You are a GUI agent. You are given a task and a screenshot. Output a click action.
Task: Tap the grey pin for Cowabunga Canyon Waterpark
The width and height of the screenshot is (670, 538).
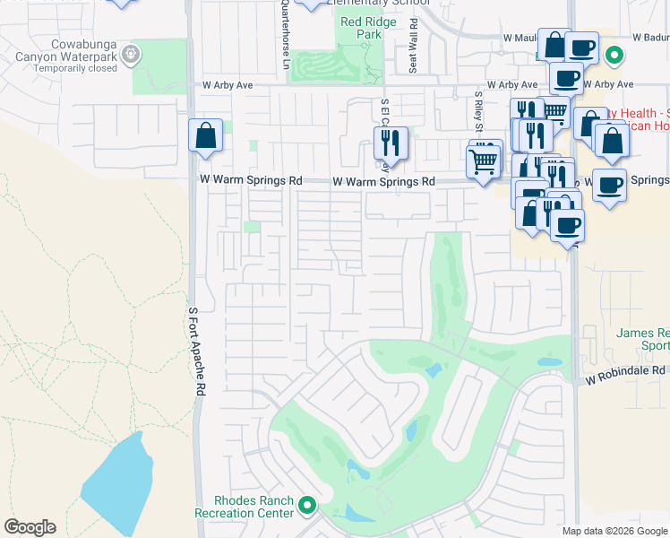pyautogui.click(x=131, y=54)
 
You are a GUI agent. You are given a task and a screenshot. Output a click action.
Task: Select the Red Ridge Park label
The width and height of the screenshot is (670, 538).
pyautogui.click(x=361, y=28)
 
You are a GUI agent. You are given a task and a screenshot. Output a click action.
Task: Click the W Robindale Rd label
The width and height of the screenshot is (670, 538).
pyautogui.click(x=627, y=369)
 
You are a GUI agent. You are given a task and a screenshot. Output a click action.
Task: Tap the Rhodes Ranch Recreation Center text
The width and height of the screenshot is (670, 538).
pyautogui.click(x=245, y=507)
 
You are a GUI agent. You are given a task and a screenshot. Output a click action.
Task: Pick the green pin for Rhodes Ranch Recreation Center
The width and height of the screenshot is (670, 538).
pyautogui.click(x=307, y=507)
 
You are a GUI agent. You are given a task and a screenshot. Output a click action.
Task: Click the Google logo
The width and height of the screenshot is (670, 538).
pyautogui.click(x=30, y=527)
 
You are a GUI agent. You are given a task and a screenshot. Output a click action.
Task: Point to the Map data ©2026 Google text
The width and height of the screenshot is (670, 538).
pyautogui.click(x=614, y=531)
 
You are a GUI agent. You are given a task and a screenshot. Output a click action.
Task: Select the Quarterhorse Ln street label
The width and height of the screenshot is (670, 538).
pyautogui.click(x=286, y=34)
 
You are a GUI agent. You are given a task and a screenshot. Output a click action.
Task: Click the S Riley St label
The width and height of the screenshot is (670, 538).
pyautogui.click(x=479, y=112)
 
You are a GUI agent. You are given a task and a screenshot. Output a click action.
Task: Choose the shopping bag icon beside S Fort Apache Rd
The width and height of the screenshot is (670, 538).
pyautogui.click(x=205, y=135)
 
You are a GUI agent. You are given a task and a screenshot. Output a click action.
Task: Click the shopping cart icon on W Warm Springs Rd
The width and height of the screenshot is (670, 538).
pyautogui.click(x=484, y=161)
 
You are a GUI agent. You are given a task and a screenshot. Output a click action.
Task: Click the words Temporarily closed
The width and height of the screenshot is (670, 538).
pyautogui.click(x=79, y=68)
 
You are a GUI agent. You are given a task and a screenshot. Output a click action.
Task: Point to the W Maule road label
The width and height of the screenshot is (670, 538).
pyautogui.click(x=520, y=38)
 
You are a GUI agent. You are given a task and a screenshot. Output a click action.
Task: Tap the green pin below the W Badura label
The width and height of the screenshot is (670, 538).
pyautogui.click(x=614, y=56)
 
